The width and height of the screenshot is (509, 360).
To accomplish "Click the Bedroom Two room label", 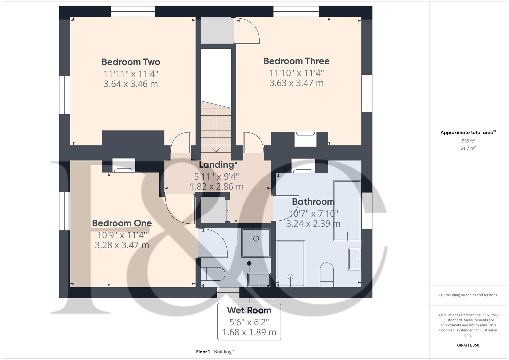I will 131,62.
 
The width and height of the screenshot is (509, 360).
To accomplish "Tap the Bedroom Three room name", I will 296,61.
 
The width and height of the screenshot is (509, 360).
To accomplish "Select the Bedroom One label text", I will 122,223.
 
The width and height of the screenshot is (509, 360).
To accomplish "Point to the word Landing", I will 216,165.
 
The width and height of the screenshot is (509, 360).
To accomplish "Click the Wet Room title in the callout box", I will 249,310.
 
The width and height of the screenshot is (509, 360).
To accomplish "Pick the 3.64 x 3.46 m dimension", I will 131,84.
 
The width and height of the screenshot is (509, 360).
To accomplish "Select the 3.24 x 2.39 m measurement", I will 313,224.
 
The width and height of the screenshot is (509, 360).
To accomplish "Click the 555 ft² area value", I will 468,141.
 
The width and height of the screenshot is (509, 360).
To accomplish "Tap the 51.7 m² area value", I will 468,148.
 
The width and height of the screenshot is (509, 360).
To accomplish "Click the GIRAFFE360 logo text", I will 468,345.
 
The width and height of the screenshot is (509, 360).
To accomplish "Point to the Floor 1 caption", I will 203,352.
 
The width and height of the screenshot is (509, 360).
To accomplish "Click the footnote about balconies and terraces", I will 468,295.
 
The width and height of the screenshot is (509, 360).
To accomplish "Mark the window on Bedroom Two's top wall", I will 133,12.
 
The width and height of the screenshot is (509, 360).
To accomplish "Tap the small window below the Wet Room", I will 228,292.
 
